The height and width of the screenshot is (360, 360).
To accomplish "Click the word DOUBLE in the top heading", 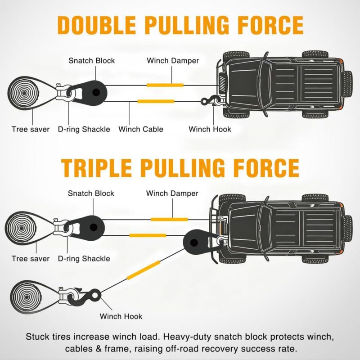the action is pyautogui.click(x=96, y=25).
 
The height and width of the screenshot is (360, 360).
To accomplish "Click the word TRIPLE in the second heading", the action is pyautogui.click(x=97, y=168).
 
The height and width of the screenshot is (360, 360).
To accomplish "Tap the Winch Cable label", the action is pyautogui.click(x=141, y=129).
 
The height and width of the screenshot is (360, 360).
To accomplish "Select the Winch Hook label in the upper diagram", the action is pyautogui.click(x=210, y=129).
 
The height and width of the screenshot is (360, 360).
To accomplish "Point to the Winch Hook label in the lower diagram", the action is pyautogui.click(x=121, y=316).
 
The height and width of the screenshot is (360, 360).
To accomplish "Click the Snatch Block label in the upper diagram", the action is pyautogui.click(x=92, y=61).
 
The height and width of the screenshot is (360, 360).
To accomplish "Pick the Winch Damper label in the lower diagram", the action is pyautogui.click(x=172, y=193).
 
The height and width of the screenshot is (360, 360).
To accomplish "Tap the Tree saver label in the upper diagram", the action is pyautogui.click(x=31, y=130).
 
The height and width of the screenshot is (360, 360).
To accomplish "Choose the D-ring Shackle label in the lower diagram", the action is pyautogui.click(x=84, y=259).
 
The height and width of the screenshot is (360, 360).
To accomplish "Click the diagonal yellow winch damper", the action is pyautogui.click(x=143, y=270).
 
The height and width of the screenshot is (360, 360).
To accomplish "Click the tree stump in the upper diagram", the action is pyautogui.click(x=23, y=93).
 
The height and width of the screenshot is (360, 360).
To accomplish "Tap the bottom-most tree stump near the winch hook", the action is pyautogui.click(x=27, y=297).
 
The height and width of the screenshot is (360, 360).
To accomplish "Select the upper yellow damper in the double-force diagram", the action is pyautogui.click(x=165, y=85).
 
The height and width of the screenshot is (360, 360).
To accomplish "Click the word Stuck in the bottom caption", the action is pyautogui.click(x=37, y=337).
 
